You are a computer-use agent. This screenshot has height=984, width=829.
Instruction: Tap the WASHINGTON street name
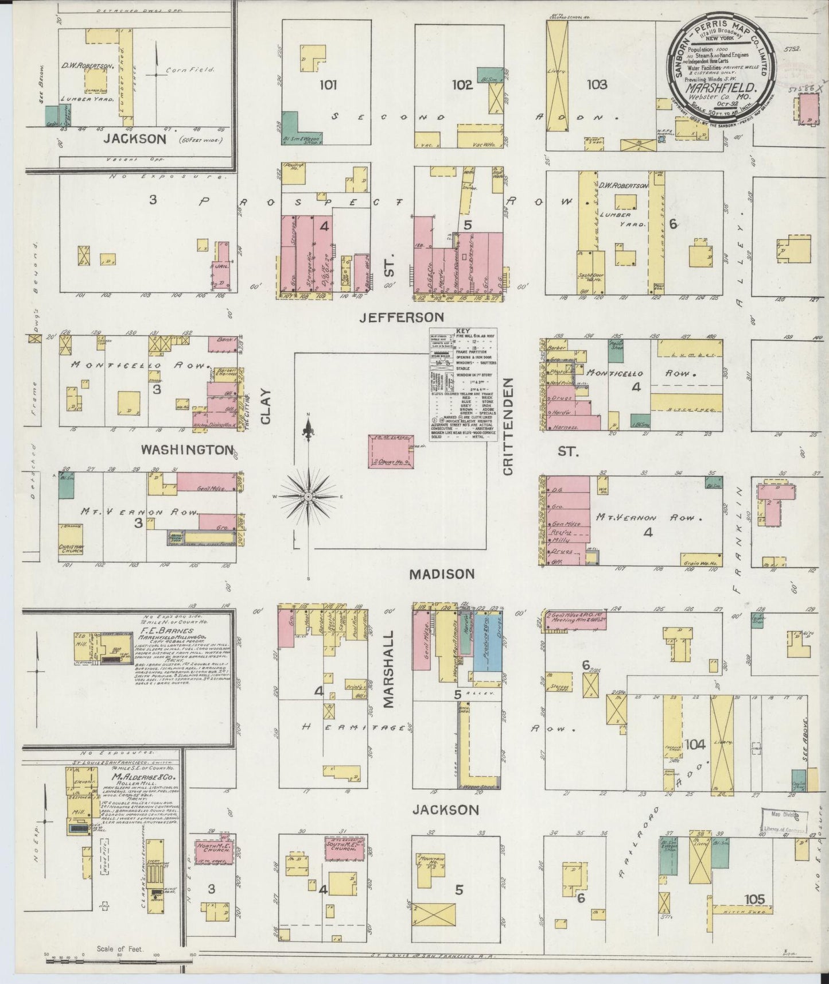(x=187, y=450)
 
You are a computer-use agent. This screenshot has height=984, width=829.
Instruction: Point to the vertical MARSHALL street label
(x=389, y=661)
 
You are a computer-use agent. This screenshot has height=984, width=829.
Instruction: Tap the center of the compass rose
(x=309, y=496)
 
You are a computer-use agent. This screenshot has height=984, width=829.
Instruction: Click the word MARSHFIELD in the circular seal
(x=724, y=90)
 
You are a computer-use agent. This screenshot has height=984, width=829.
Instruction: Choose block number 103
(x=597, y=84)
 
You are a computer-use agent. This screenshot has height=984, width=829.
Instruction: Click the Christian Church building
(x=72, y=548)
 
